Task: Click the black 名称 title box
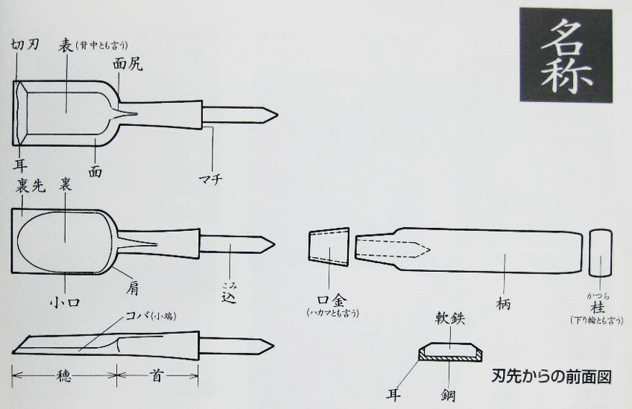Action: coord(566,55)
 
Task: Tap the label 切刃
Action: coord(24,44)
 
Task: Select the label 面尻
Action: coord(127,64)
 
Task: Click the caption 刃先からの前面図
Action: coord(553,376)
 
